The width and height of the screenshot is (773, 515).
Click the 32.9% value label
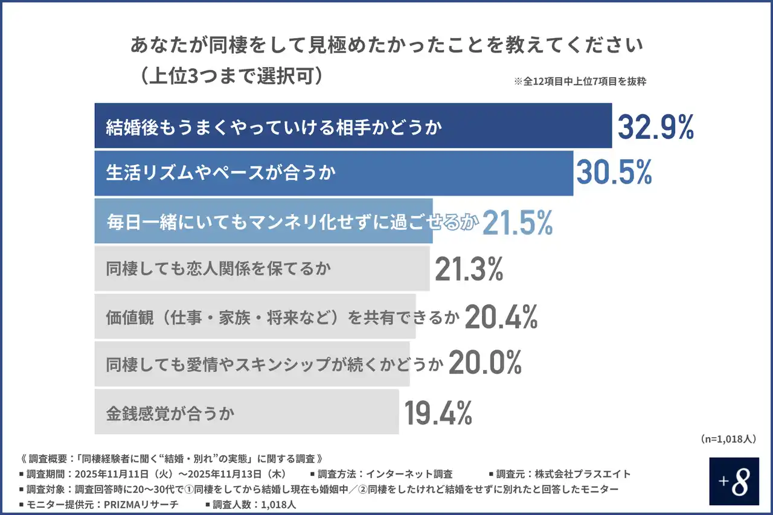coord(655,127)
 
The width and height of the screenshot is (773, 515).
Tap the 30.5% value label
coord(614,173)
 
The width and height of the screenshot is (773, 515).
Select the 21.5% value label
coord(518,223)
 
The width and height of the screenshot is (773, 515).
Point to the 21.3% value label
coord(469,270)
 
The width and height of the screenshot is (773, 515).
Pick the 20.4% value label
coord(501,317)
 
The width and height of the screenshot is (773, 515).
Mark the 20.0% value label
coord(485,363)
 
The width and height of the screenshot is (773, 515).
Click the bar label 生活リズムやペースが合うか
coord(220,173)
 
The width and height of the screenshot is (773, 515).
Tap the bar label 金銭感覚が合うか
coord(170,414)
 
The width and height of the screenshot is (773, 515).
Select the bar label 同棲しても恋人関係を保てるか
coord(219,269)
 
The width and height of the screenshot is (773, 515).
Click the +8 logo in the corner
coord(734,481)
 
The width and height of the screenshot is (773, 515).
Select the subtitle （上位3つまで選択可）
coord(230,77)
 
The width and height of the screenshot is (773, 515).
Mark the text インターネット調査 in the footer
coord(416,474)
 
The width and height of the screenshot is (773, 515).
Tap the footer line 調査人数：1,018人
coord(254,504)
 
